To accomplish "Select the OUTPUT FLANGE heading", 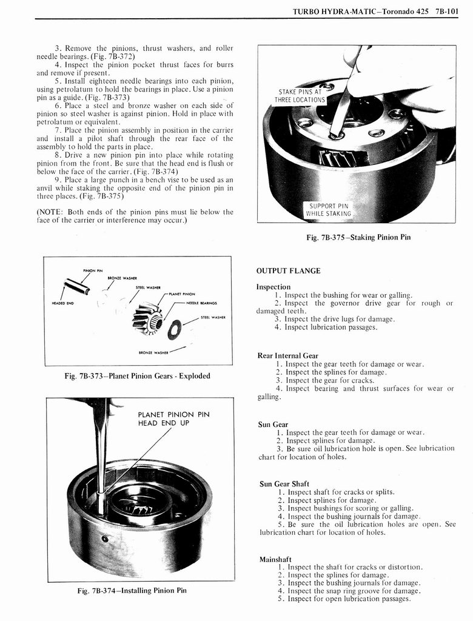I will [288, 270].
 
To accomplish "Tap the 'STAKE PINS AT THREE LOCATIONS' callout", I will [300, 96].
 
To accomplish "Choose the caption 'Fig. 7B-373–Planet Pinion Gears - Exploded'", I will [137, 376].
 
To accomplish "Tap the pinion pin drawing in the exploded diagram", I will [78, 285].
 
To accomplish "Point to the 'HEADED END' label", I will [62, 304].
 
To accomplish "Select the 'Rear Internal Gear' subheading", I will [287, 355].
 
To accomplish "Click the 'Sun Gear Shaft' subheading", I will [284, 483].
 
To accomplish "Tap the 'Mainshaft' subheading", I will [275, 559].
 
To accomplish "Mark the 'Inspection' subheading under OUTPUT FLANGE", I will [273, 286].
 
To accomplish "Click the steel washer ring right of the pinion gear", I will [173, 330].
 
